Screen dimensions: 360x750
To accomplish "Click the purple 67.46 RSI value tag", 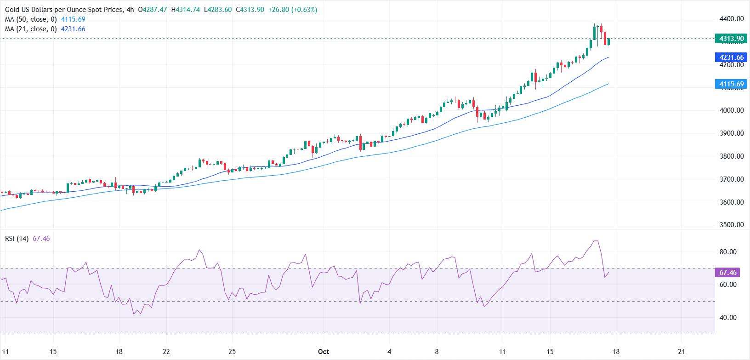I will (728, 273).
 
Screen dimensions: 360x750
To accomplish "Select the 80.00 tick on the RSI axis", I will (727, 252).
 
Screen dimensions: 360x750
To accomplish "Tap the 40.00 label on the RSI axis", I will (727, 318).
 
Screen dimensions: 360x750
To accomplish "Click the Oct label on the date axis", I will (324, 352).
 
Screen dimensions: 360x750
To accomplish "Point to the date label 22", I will (166, 352).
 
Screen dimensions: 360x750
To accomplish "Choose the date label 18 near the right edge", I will (615, 352).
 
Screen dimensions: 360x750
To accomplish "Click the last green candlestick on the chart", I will (609, 42).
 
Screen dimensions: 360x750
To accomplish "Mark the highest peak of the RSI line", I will (596, 241).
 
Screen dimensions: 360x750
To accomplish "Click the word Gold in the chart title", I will (13, 10).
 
